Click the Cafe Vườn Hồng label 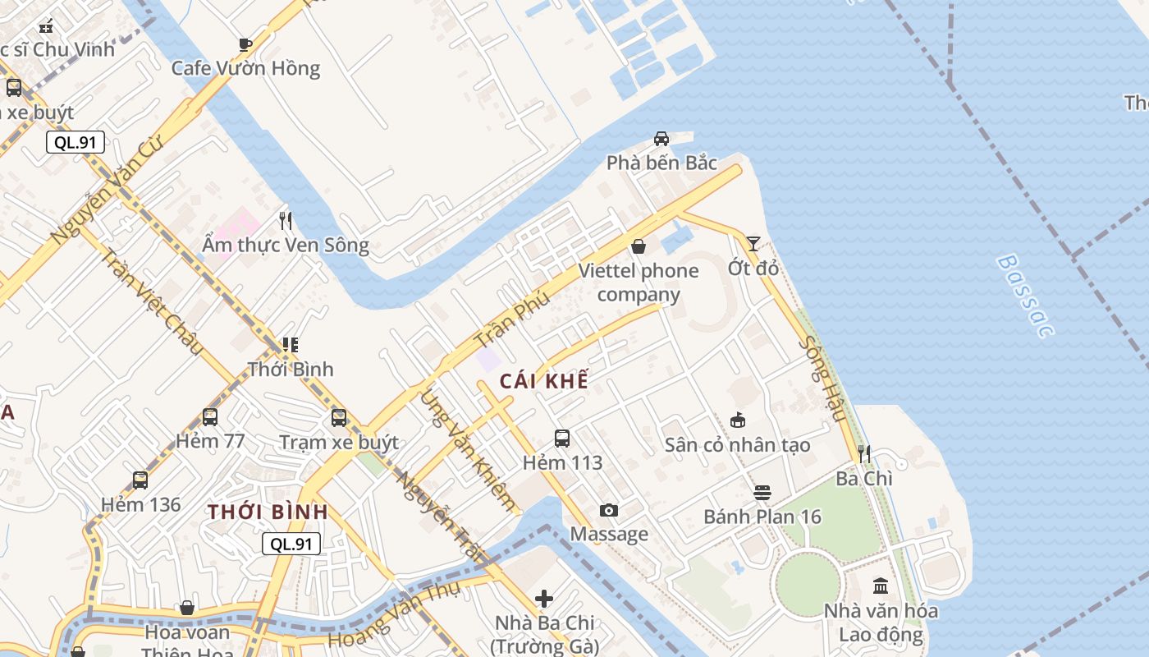tap(245, 67)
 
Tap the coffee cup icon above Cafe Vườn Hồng tap(245, 44)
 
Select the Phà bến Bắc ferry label tap(661, 163)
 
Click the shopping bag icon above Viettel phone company tap(638, 246)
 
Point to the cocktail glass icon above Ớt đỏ tap(753, 243)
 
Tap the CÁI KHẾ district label tap(544, 381)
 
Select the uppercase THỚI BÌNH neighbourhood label tap(268, 512)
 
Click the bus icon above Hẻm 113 tap(562, 439)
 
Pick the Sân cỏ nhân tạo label tap(737, 445)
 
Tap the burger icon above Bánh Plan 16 tap(762, 493)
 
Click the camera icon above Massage tap(608, 511)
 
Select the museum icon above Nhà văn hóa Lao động tap(881, 586)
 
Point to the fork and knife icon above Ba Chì tap(863, 454)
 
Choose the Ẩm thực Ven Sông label tap(286, 245)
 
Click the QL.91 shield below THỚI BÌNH tap(291, 543)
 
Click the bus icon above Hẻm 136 tap(140, 480)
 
